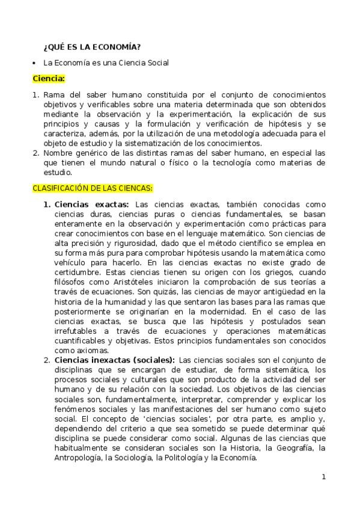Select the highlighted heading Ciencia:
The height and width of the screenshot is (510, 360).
(49, 78)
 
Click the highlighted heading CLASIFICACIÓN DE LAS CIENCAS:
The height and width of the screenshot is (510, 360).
(93, 188)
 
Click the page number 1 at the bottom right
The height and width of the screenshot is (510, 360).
(323, 477)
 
